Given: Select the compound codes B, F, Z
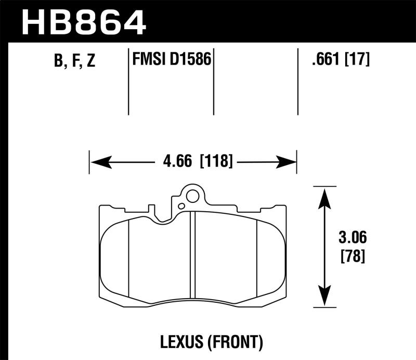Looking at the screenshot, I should point(74,61).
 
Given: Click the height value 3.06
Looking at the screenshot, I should point(353,239).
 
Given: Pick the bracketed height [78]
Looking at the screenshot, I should point(353,256).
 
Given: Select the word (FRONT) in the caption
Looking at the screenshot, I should point(235,342).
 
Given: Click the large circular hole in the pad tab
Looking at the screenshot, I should point(192,197).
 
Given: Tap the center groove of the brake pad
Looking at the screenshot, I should point(192,255).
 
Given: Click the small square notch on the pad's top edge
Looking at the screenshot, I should point(152,210).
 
